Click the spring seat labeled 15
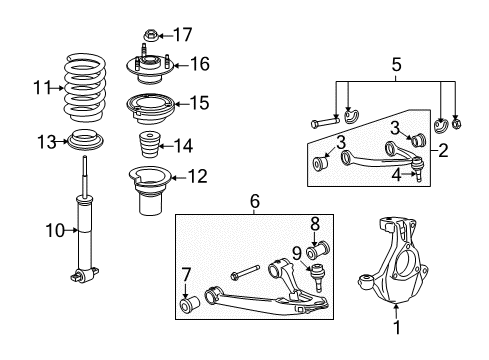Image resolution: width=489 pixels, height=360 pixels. (x=149, y=103)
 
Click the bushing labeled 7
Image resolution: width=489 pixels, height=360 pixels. (x=186, y=303)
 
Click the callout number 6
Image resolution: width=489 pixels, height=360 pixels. (x=254, y=203)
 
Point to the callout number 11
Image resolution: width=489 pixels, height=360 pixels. (x=39, y=88)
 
